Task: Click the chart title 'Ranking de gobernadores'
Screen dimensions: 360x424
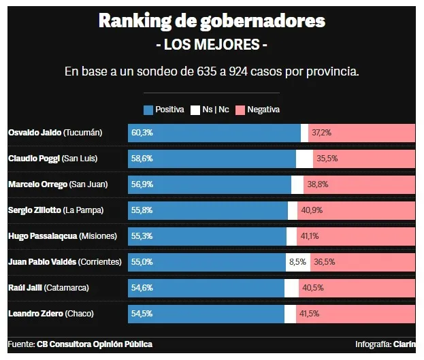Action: [x=212, y=20]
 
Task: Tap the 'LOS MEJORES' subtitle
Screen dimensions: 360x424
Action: [x=212, y=45]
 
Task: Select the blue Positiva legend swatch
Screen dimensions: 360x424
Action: [x=148, y=110]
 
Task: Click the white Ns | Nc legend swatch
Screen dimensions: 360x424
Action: [x=195, y=110]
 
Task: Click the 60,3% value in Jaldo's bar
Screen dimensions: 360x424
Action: [x=142, y=133]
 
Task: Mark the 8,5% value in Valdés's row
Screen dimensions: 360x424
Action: [x=297, y=262]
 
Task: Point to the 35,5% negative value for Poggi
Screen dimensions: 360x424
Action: [x=327, y=159]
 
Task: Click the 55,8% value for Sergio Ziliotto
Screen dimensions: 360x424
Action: [x=142, y=210]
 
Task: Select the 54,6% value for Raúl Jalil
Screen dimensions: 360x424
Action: [x=142, y=288]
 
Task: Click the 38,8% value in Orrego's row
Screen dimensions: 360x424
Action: [x=317, y=184]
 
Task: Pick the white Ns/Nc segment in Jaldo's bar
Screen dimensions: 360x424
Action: [x=304, y=133]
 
